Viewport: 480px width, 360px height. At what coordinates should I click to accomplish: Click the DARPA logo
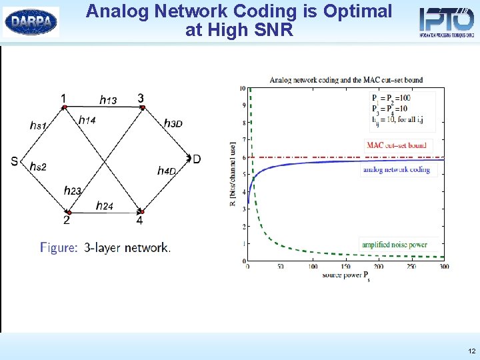(31, 21)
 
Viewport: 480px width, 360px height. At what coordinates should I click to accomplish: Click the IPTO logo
(446, 21)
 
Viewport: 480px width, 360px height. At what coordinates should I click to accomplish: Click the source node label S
(14, 161)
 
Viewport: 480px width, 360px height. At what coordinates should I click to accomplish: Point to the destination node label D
(197, 159)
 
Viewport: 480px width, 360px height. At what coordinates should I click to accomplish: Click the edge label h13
(108, 100)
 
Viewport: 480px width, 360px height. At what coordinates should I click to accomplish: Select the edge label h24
(104, 206)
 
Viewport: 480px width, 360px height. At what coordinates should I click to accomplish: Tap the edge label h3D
(173, 123)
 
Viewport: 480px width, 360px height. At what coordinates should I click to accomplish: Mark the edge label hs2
(38, 167)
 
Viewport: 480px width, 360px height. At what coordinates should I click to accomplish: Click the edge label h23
(72, 191)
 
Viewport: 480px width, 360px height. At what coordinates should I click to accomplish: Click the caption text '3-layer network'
(127, 247)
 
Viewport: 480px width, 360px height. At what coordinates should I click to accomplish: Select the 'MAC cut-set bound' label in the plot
(396, 145)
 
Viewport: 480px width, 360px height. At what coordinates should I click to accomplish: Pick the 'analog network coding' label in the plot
(396, 170)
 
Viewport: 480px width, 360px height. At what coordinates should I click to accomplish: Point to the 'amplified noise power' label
(395, 245)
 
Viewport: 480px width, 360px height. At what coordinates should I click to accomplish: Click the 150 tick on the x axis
(345, 267)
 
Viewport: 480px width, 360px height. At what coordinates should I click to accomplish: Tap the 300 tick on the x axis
(443, 267)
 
